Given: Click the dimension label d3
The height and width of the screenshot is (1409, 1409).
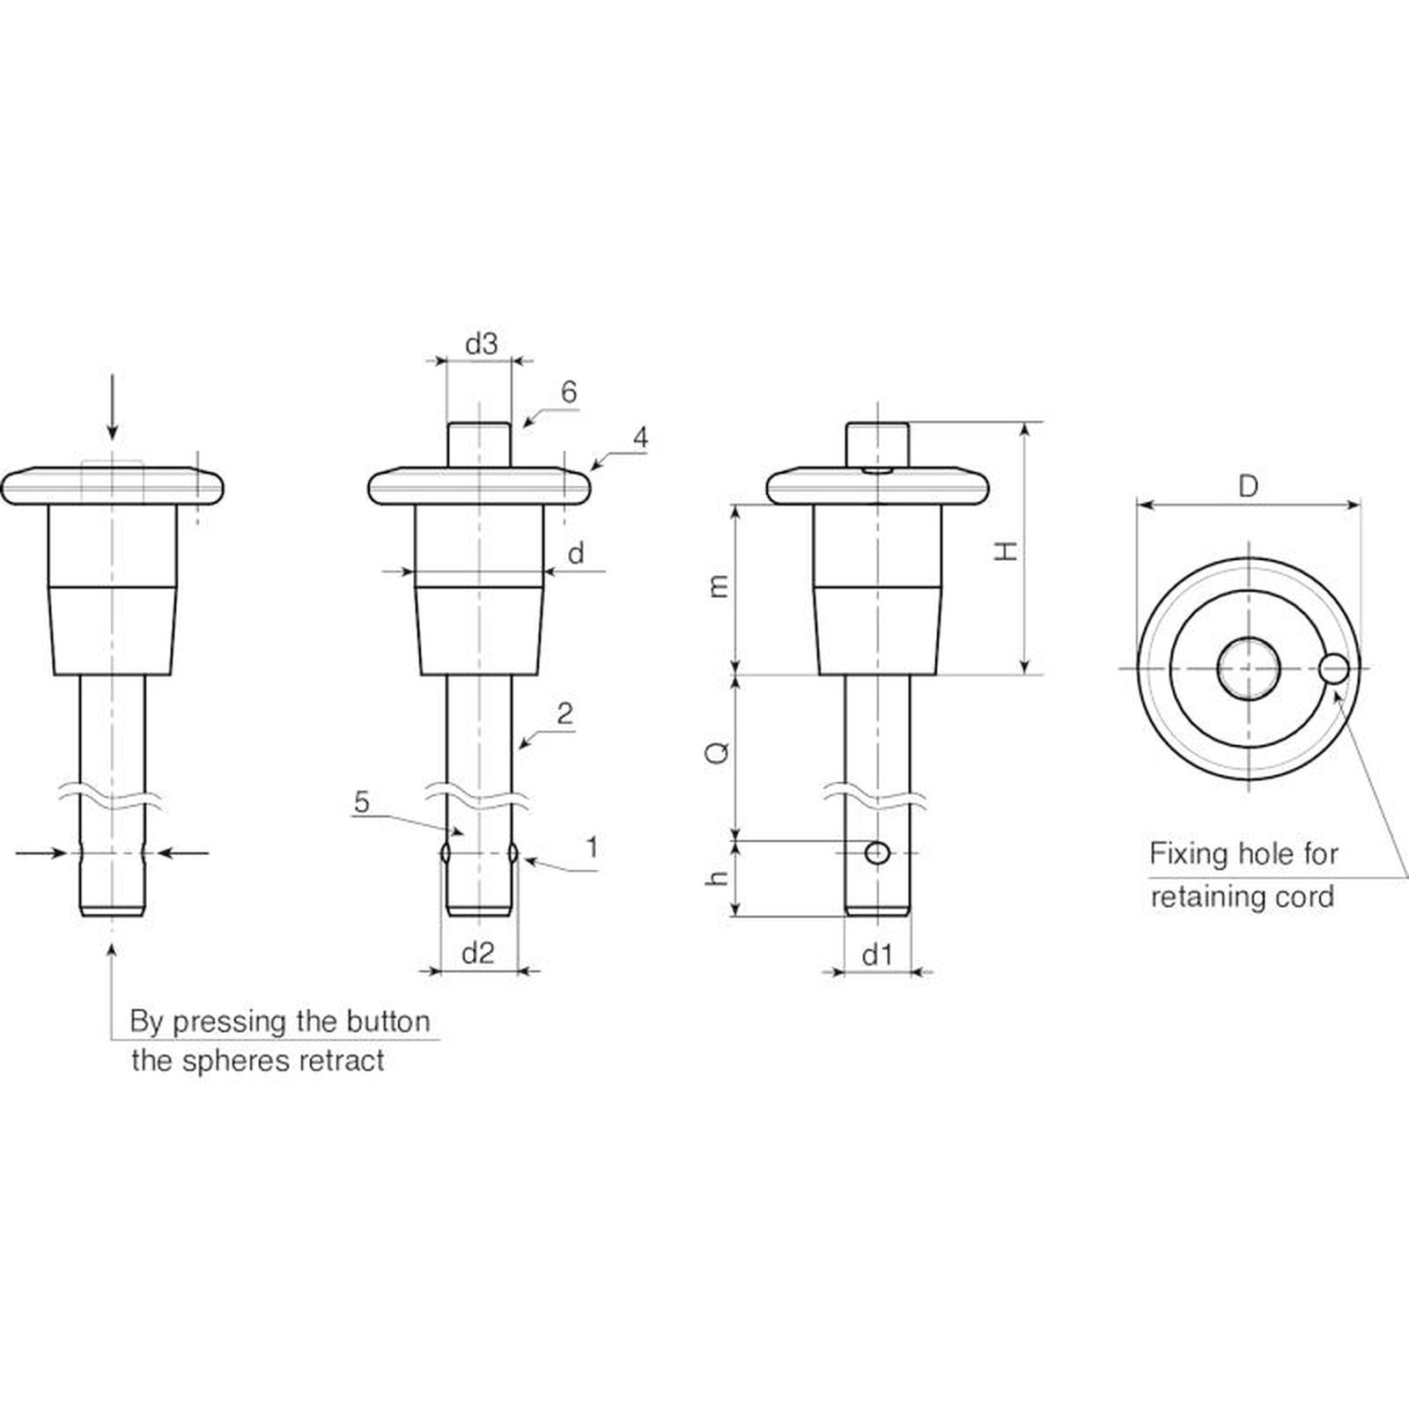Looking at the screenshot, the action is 481,343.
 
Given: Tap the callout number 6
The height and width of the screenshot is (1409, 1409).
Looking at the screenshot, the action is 569,392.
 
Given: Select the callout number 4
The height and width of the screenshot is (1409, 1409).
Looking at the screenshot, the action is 640,438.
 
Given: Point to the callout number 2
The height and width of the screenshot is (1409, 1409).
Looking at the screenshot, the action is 564,713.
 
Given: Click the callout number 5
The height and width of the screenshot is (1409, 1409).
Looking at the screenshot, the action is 362,802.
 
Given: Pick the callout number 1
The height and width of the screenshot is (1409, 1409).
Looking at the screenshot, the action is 593,847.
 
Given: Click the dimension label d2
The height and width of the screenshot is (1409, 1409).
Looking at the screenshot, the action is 478,952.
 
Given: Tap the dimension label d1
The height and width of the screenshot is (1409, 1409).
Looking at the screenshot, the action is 877,954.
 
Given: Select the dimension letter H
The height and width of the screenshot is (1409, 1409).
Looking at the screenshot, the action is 1006,551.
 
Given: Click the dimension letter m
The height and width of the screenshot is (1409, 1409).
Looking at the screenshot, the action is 719,586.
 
